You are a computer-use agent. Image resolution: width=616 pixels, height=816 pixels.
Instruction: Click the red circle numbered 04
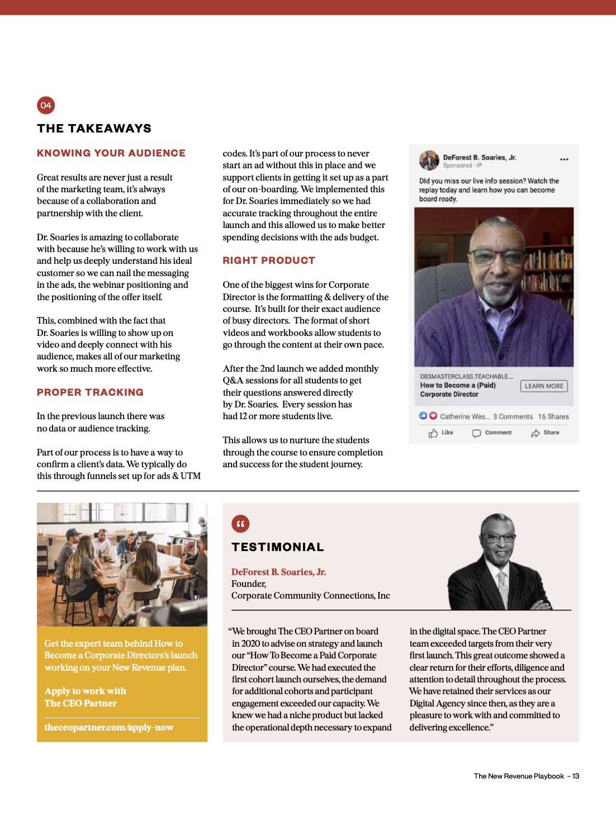tap(46, 105)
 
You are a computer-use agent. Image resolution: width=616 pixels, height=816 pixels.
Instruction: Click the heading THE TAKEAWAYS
tap(94, 129)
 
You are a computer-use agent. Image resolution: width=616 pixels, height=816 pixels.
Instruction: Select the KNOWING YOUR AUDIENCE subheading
tap(111, 153)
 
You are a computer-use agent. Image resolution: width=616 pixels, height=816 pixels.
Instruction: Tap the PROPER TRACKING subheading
tap(90, 392)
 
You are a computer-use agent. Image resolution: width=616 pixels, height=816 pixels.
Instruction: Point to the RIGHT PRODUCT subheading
tap(269, 260)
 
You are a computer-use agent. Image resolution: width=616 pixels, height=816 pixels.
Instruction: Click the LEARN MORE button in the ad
tap(544, 386)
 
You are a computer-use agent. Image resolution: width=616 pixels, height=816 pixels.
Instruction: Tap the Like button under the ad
tap(441, 433)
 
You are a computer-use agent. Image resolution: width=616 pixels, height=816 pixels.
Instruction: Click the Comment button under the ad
tap(492, 433)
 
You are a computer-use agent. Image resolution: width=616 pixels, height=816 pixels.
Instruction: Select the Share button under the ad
tap(545, 433)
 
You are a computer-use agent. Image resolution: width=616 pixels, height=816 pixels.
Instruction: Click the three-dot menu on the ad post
tap(564, 159)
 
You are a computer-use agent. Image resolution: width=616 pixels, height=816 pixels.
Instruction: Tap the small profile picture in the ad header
tap(429, 160)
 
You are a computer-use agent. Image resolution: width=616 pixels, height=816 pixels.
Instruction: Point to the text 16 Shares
tap(553, 417)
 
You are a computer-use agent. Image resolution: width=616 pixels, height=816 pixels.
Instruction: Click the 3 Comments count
tap(513, 417)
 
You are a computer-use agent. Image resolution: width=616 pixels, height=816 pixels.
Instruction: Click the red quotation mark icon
tap(240, 524)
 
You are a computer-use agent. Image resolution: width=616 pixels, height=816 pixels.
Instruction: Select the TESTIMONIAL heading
tap(278, 547)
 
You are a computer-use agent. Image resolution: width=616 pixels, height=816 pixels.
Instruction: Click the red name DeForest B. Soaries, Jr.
tap(278, 572)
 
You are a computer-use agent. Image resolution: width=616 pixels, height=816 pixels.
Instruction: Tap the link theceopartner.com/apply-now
tap(109, 727)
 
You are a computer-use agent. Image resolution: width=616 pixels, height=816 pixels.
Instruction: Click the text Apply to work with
tap(86, 691)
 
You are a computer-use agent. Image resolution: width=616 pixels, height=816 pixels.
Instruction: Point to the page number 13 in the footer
tap(576, 776)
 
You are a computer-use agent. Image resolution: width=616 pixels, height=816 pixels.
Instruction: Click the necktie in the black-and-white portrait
tap(503, 587)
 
